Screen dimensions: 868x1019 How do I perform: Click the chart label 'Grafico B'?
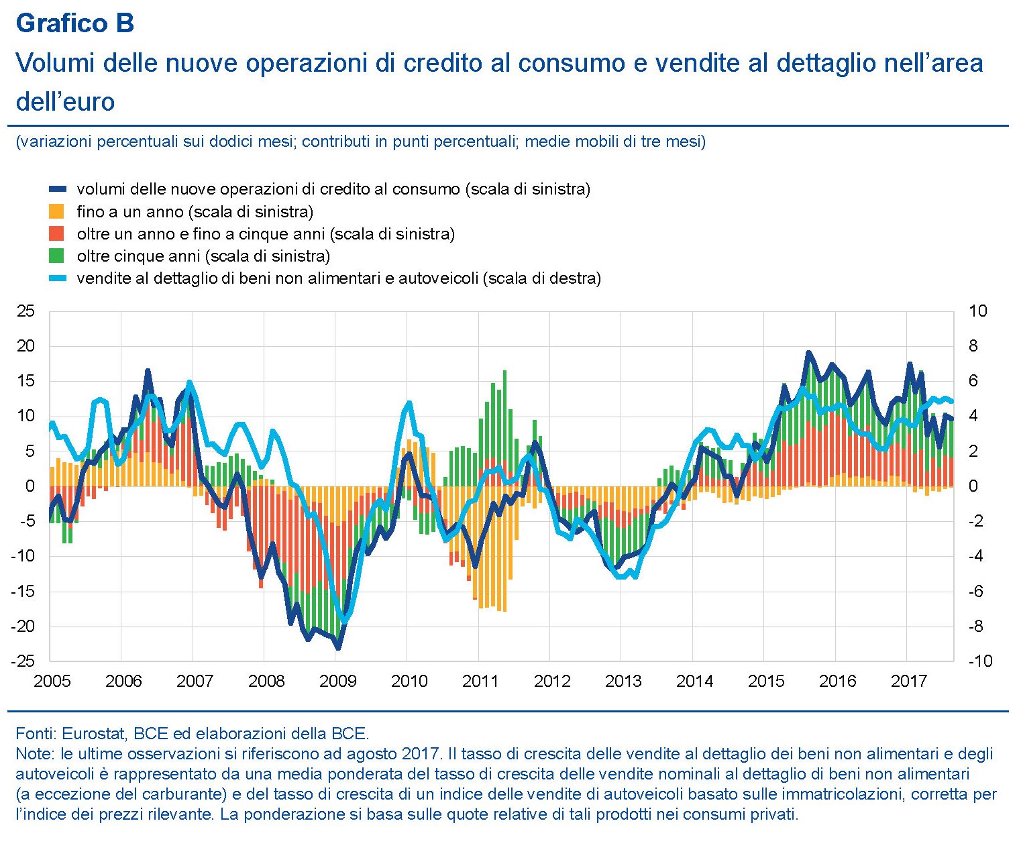(74, 23)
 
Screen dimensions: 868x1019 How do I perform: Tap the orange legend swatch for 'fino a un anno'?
(57, 211)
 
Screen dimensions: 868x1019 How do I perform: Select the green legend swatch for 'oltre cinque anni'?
(57, 256)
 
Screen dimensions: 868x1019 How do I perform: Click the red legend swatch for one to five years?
(57, 233)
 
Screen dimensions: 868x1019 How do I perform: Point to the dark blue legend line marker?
(57, 189)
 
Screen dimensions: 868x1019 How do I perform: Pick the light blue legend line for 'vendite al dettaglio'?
(57, 278)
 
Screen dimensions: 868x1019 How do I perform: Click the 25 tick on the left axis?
(25, 311)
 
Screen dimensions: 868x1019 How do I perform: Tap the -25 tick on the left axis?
(23, 661)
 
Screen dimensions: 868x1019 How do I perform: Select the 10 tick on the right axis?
(977, 311)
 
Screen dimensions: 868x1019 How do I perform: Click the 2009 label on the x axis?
(337, 682)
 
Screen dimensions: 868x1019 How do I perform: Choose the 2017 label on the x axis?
(908, 682)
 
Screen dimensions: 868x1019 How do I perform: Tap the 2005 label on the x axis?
(52, 682)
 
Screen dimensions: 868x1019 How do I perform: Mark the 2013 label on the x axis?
(623, 682)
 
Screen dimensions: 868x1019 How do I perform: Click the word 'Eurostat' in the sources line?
(93, 733)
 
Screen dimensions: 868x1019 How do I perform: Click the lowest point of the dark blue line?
(338, 648)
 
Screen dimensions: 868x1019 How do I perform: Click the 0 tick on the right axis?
(973, 486)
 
